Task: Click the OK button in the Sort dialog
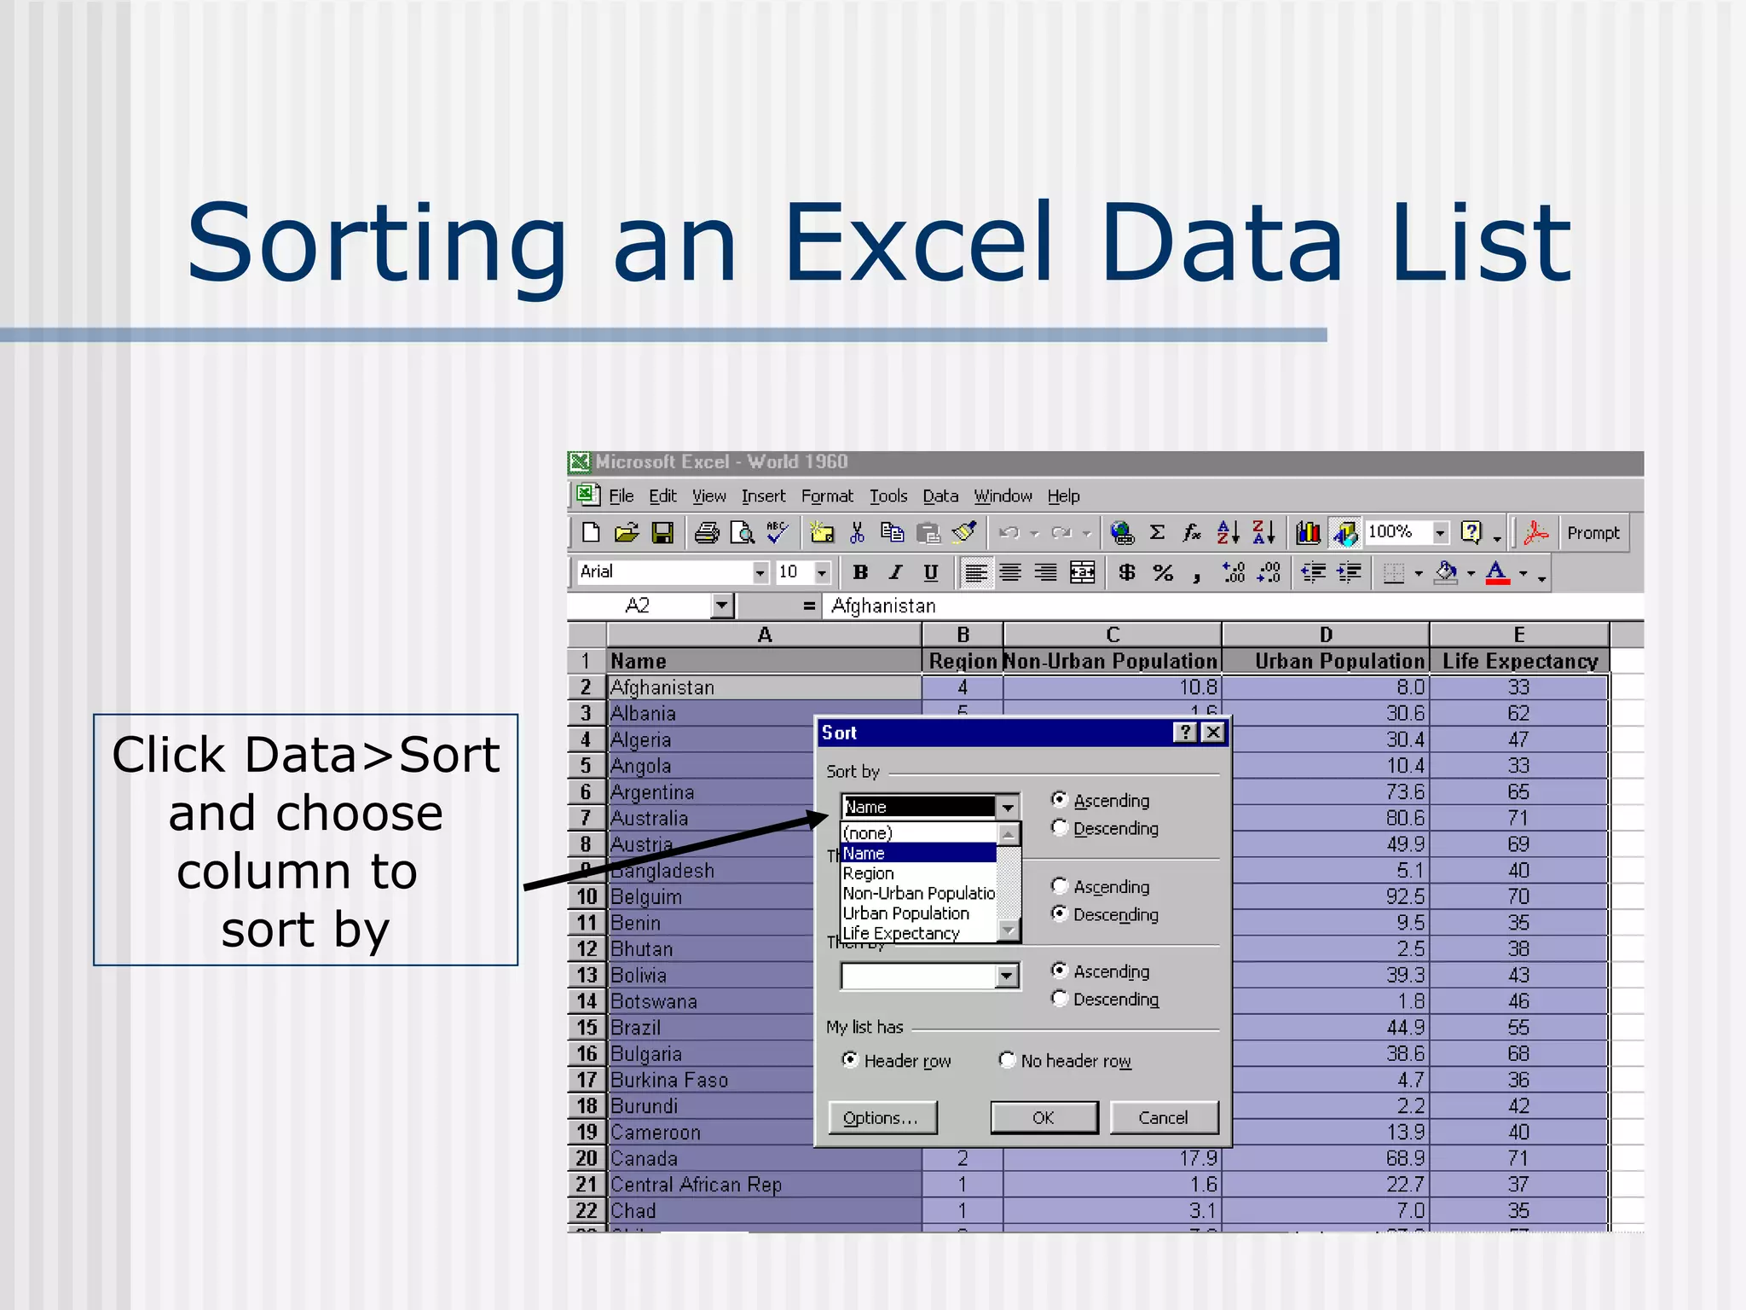[x=1044, y=1117]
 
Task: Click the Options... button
[x=882, y=1117]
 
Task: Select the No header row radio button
[x=1008, y=1060]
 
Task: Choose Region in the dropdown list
[x=868, y=873]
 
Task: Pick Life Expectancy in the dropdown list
[x=900, y=933]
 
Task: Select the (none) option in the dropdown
[x=867, y=833]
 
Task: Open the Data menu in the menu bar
[x=940, y=496]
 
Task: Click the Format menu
[x=826, y=496]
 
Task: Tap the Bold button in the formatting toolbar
[x=860, y=572]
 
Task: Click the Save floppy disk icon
[x=662, y=533]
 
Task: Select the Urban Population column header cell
[x=1338, y=661]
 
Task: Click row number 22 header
[x=587, y=1210]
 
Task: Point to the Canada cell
[x=645, y=1158]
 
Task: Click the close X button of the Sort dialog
[x=1213, y=733]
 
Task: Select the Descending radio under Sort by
[x=1060, y=827]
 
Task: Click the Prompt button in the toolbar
[x=1593, y=533]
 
